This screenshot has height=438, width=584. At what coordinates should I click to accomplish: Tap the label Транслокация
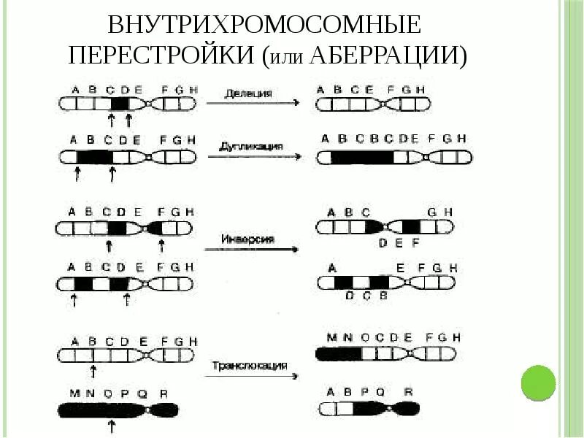click(250, 365)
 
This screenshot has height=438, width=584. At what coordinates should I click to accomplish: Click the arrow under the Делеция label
click(252, 103)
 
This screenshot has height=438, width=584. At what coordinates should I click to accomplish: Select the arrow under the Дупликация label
click(252, 155)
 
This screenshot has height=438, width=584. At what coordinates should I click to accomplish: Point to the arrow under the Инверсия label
click(252, 249)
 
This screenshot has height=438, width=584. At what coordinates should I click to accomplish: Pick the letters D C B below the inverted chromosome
click(366, 296)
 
